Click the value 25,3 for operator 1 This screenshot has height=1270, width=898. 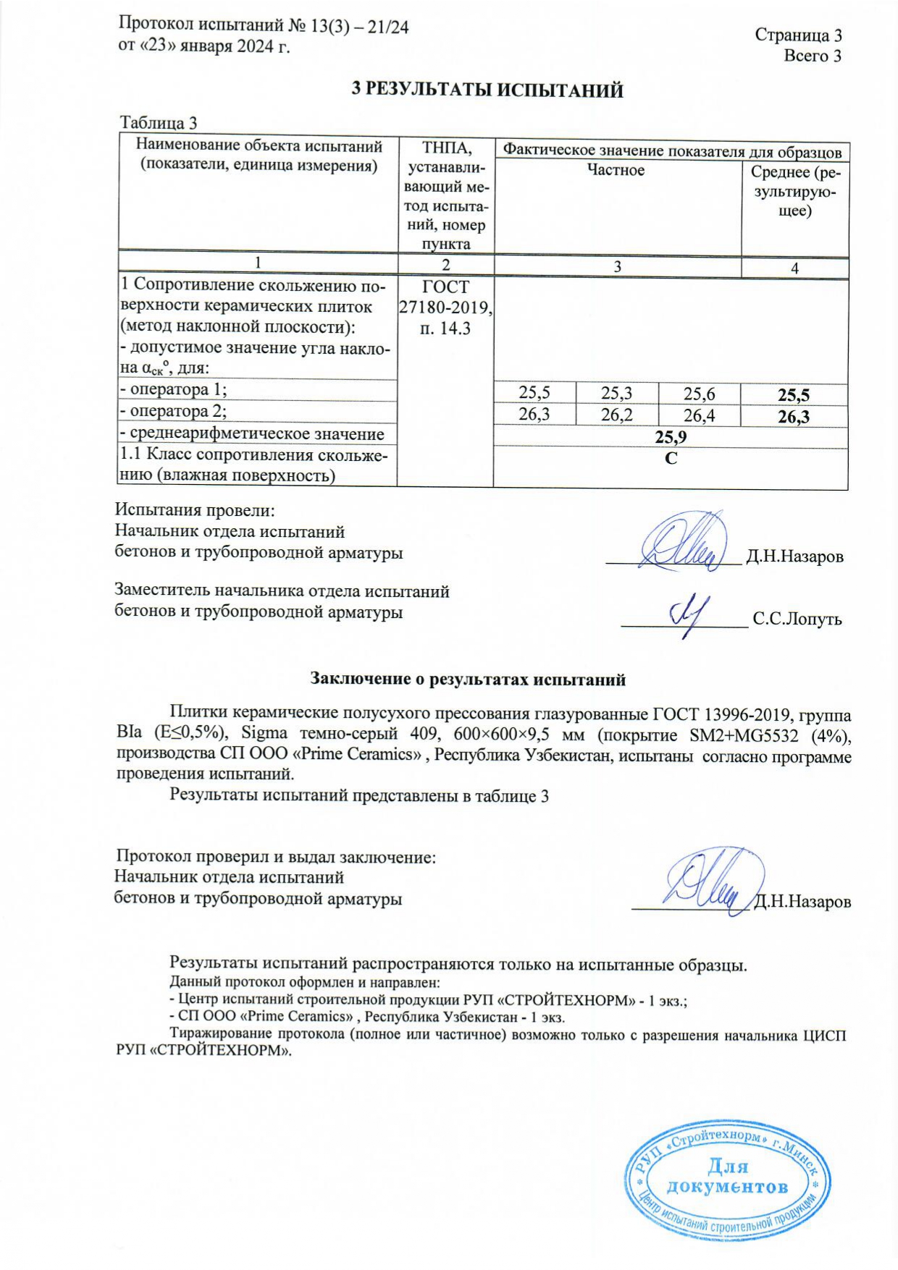[616, 393]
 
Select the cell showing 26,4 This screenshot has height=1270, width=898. [699, 415]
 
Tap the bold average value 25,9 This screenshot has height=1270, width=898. [671, 437]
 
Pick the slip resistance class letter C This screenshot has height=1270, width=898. [671, 459]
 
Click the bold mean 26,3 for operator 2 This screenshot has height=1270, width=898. [794, 416]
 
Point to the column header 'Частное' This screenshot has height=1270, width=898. [616, 171]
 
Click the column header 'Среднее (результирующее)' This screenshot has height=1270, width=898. [795, 191]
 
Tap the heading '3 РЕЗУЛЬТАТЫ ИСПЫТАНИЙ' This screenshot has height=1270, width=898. [487, 90]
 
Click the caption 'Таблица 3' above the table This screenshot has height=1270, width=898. [159, 123]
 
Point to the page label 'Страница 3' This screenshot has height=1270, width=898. [798, 35]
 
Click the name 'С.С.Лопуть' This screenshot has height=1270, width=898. [797, 619]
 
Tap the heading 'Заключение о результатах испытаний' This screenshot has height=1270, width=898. [468, 679]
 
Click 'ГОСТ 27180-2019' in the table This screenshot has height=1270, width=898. [445, 297]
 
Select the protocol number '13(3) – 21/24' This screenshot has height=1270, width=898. [358, 27]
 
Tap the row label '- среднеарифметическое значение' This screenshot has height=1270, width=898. [252, 434]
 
